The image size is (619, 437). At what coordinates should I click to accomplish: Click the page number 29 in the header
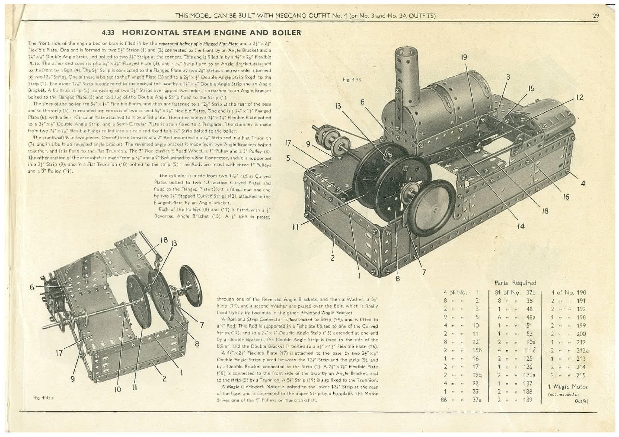click(x=596, y=16)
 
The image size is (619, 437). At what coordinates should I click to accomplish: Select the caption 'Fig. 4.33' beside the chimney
click(x=352, y=80)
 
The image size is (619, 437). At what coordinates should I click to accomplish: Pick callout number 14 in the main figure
click(x=521, y=226)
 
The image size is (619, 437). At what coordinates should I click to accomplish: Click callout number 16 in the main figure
click(x=566, y=197)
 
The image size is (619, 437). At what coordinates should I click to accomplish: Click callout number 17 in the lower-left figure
click(x=59, y=353)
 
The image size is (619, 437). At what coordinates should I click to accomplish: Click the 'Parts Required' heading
click(x=515, y=283)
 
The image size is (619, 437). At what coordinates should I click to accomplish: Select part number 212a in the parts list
click(x=582, y=351)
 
